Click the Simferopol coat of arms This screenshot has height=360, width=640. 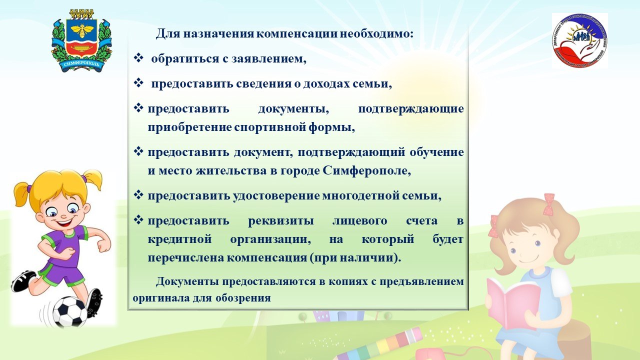[x=81, y=41]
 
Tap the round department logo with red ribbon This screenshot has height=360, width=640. [x=579, y=40]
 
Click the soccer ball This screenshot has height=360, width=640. [x=70, y=312]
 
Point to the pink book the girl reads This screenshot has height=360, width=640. [x=513, y=303]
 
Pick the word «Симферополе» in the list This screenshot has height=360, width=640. [x=367, y=171]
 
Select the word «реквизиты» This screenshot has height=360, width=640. [x=281, y=221]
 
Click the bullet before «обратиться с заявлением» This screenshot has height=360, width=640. [x=138, y=58]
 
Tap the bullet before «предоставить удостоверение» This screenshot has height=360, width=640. [x=138, y=195]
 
